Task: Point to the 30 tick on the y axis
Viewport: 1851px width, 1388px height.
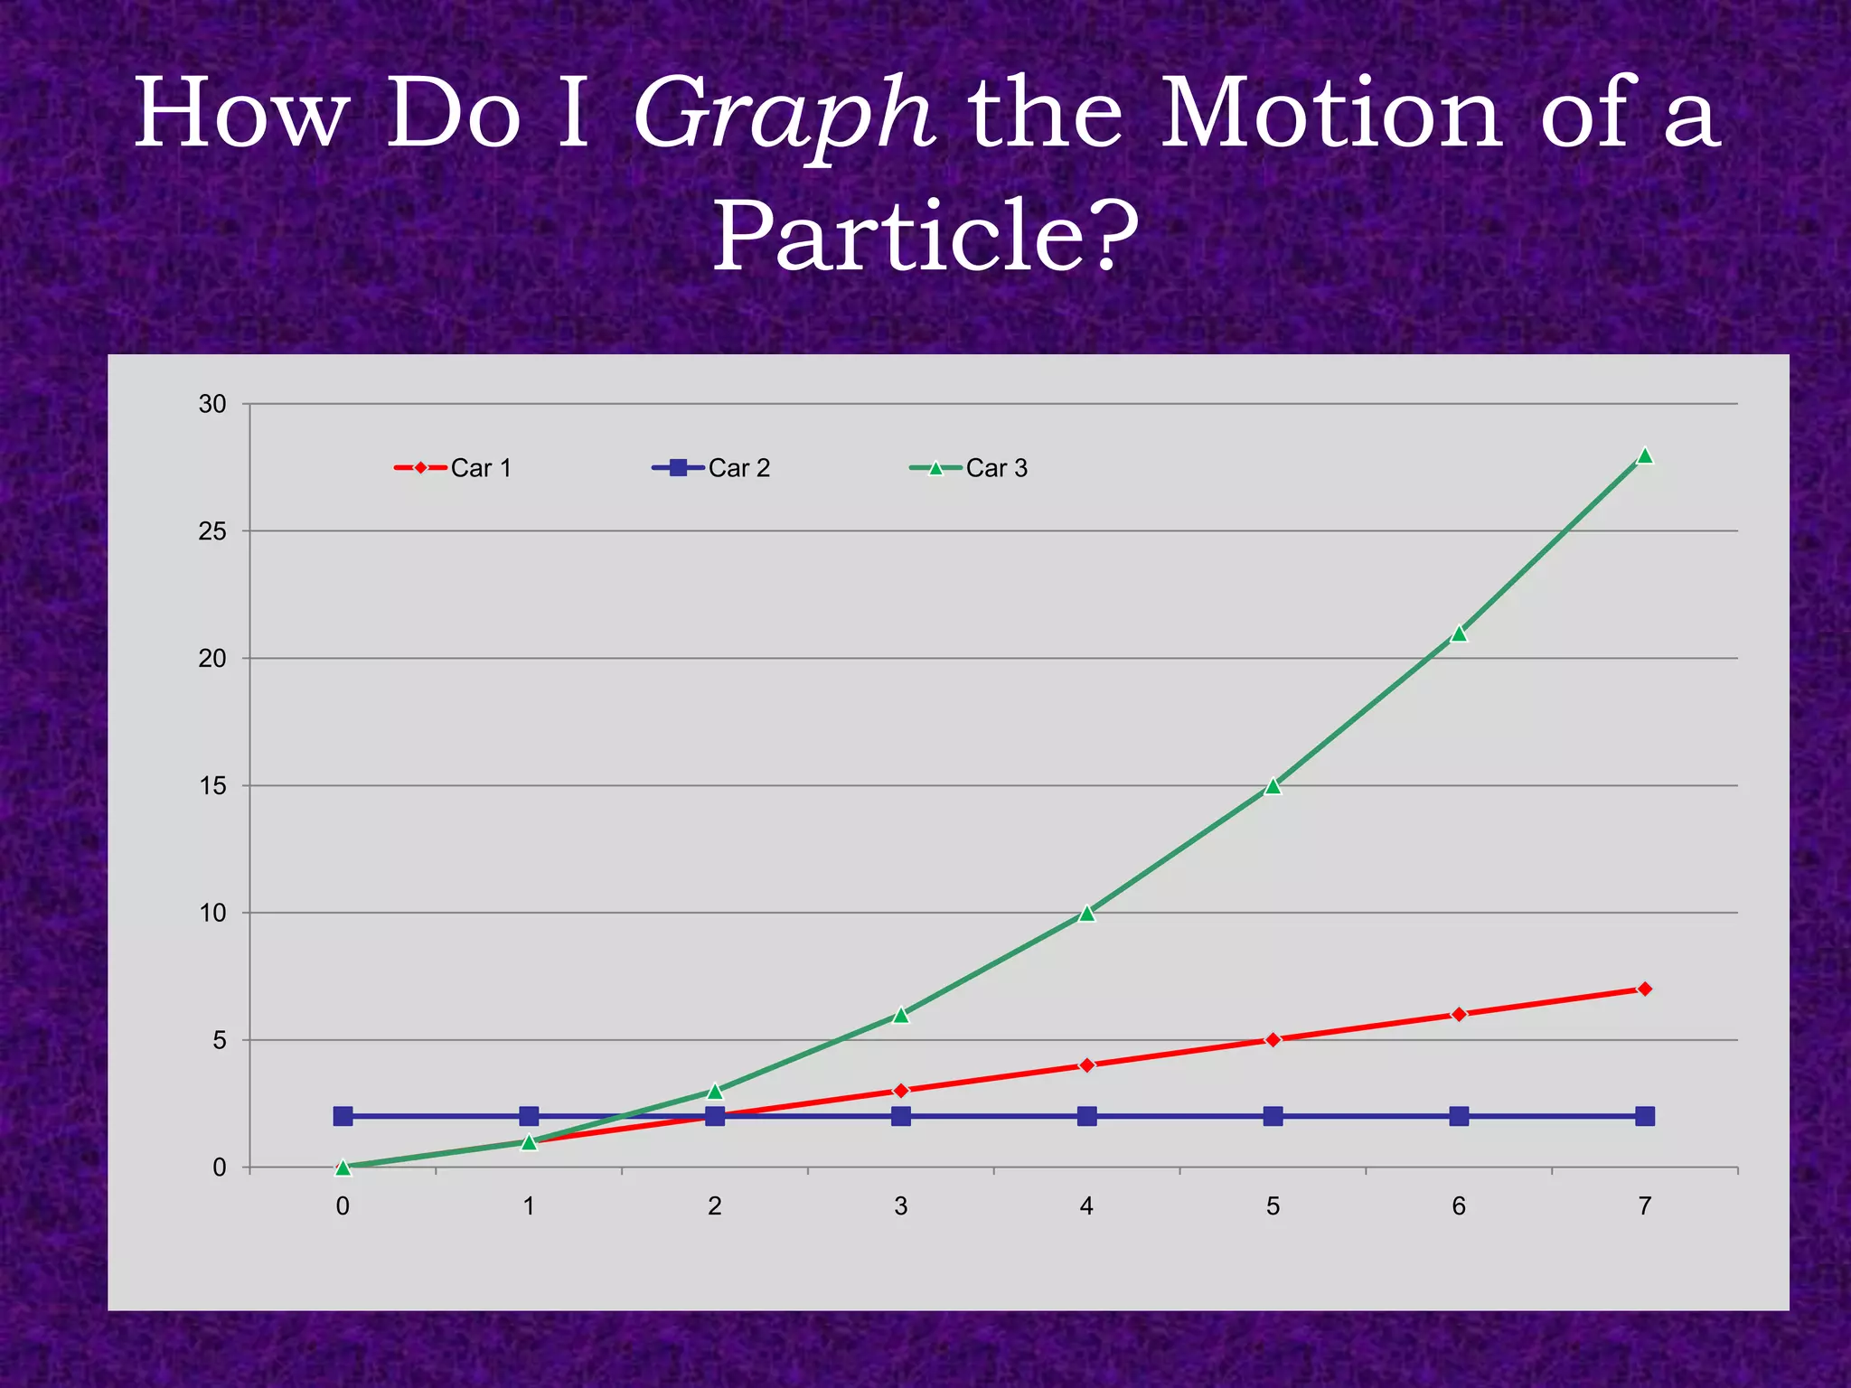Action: (212, 404)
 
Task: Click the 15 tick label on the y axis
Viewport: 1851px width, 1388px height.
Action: (212, 786)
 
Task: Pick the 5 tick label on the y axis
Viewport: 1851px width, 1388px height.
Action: (220, 1040)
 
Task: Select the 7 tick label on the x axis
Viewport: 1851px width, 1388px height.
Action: (1644, 1206)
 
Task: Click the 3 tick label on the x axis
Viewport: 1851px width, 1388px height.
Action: (900, 1206)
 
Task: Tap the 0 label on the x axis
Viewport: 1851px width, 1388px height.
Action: (343, 1206)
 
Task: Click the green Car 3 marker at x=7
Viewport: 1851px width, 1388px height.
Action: (1645, 455)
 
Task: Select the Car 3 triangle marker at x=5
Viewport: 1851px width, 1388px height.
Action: (1273, 786)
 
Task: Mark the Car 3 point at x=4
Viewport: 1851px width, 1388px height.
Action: (1086, 914)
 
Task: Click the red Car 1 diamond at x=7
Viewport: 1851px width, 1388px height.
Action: (1645, 989)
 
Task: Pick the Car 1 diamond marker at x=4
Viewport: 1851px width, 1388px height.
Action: (1086, 1065)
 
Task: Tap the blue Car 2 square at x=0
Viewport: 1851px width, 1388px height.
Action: (343, 1116)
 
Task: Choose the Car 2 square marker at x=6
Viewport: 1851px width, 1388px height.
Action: (1459, 1116)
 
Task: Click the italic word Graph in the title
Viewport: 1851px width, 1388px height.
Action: (783, 116)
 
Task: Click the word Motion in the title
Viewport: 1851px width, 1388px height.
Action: (1330, 116)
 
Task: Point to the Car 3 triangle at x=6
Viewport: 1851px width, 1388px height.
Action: (1459, 633)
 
